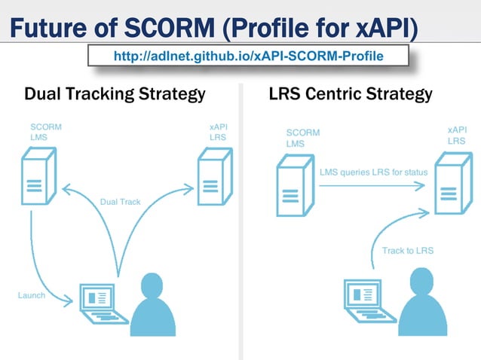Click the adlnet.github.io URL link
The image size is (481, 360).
248,56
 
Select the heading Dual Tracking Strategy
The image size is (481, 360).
115,94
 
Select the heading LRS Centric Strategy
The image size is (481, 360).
350,94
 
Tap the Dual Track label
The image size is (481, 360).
120,202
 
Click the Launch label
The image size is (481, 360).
32,295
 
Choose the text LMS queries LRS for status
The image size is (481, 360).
373,172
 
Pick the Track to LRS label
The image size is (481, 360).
408,250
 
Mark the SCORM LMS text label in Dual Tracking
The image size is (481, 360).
45,133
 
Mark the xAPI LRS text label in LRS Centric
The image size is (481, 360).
456,135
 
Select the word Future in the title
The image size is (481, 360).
49,29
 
